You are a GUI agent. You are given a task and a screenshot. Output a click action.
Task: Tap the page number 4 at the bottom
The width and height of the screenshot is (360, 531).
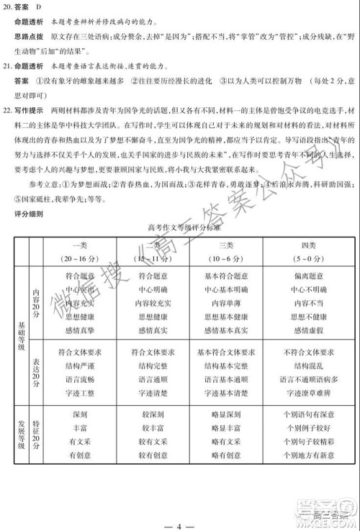(180, 519)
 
